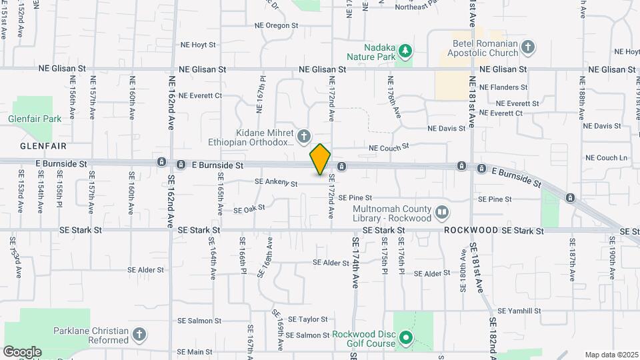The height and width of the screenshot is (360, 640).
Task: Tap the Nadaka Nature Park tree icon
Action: (x=404, y=51)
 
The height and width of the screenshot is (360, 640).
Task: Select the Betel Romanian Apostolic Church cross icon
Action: (x=528, y=47)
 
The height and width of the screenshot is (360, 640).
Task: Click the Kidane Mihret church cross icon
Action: (x=304, y=137)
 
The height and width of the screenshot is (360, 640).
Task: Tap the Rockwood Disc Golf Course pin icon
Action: (x=404, y=339)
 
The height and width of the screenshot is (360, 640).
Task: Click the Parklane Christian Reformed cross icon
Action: (x=139, y=335)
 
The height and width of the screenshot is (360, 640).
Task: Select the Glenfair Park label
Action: (x=35, y=119)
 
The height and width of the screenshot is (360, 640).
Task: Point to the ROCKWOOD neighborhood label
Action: (x=471, y=230)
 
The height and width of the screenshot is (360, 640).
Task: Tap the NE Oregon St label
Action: (x=276, y=25)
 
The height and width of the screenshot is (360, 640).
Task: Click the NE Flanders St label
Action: (x=503, y=87)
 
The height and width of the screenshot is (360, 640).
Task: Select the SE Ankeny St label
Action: (x=275, y=183)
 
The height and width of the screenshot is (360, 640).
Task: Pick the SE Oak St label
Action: (x=249, y=209)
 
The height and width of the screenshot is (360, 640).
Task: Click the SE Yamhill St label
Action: (x=519, y=311)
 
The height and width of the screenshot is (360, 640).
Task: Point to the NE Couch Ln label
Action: (x=606, y=158)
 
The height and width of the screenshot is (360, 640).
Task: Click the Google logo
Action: (x=22, y=352)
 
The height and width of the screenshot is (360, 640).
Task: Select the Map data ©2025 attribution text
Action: (x=611, y=355)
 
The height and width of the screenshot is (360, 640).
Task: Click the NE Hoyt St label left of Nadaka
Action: (x=198, y=45)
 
